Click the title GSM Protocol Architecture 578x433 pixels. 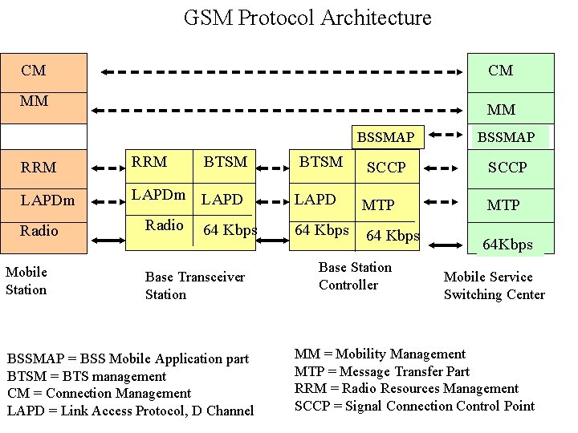307,18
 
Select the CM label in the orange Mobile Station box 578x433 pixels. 34,71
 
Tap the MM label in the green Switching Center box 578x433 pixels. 501,109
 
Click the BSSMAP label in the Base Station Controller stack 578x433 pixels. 385,137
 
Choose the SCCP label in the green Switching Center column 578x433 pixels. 507,168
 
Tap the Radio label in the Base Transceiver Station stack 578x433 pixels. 165,225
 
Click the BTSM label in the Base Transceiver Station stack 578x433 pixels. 225,162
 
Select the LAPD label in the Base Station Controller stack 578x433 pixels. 315,198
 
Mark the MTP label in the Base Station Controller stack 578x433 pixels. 378,205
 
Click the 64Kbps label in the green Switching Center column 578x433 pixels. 507,245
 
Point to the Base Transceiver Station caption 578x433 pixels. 194,285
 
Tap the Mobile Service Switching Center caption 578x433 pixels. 494,285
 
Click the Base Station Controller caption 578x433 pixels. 355,276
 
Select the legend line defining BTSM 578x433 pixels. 87,376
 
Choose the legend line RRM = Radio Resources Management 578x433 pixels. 406,389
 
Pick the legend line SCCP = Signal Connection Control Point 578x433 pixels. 414,406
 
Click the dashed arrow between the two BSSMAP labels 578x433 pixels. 446,137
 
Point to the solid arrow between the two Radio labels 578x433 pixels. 105,231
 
